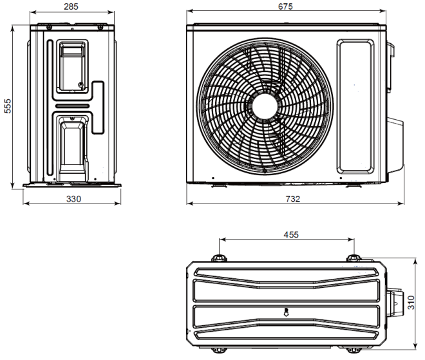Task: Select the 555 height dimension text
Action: click(x=8, y=106)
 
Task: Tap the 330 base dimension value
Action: click(x=73, y=199)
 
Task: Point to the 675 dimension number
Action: click(x=285, y=6)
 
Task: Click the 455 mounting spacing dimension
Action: click(x=291, y=235)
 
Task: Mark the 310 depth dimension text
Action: click(x=411, y=302)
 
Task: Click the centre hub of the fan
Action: click(x=266, y=106)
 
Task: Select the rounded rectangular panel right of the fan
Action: click(x=355, y=106)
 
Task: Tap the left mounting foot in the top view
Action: click(x=220, y=258)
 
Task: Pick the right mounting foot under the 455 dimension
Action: click(x=354, y=258)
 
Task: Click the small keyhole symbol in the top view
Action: click(x=287, y=313)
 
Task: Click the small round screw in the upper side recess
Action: click(x=80, y=85)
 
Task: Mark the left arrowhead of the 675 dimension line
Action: click(x=189, y=12)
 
